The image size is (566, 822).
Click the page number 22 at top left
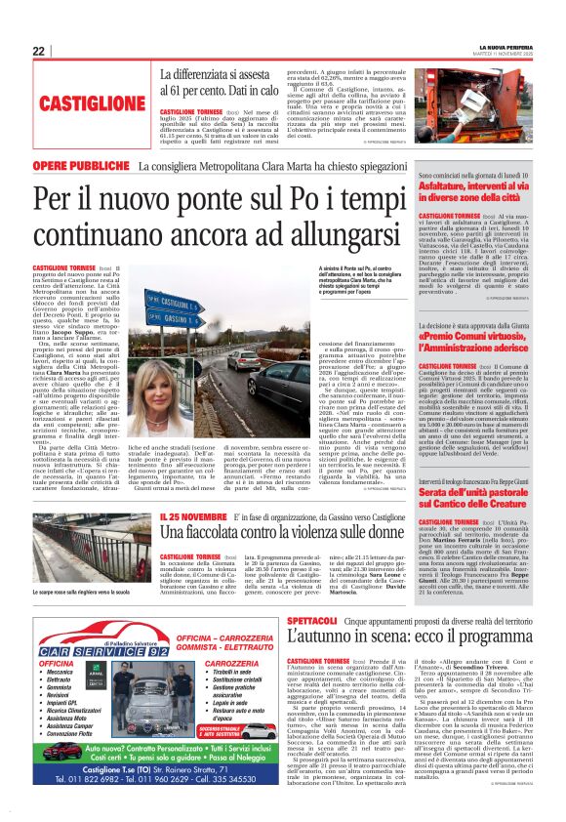coord(38,51)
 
